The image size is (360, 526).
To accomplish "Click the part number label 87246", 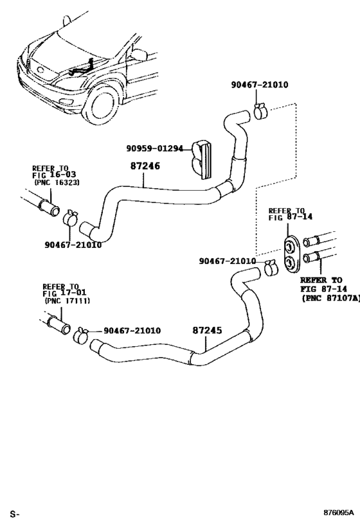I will [x=146, y=166].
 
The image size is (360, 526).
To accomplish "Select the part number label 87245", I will [x=207, y=331].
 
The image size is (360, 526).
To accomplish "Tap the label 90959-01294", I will [x=154, y=149].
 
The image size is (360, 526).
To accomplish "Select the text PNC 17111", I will [x=67, y=301].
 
